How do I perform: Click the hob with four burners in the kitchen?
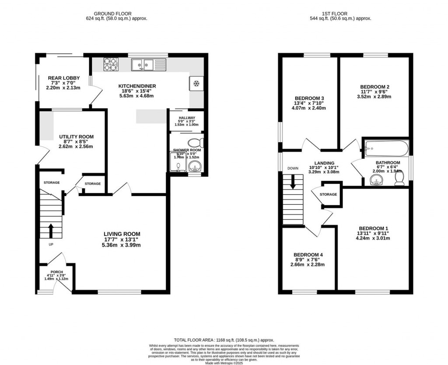pyautogui.click(x=111, y=64)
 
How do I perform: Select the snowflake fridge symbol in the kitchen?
pyautogui.click(x=196, y=83)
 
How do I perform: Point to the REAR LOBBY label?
pyautogui.click(x=64, y=78)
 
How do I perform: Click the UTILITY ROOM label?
pyautogui.click(x=77, y=137)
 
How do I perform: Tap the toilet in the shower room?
pyautogui.click(x=195, y=142)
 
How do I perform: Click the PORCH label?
pyautogui.click(x=56, y=271)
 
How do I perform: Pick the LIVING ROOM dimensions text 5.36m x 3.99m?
pyautogui.click(x=122, y=245)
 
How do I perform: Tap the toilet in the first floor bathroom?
pyautogui.click(x=399, y=181)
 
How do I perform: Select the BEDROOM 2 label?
pyautogui.click(x=372, y=87)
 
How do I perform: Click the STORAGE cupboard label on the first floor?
pyautogui.click(x=329, y=194)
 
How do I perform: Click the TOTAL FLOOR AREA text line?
pyautogui.click(x=224, y=340)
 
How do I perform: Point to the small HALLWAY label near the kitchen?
pyautogui.click(x=186, y=118)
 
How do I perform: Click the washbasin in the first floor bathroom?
pyautogui.click(x=375, y=180)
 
